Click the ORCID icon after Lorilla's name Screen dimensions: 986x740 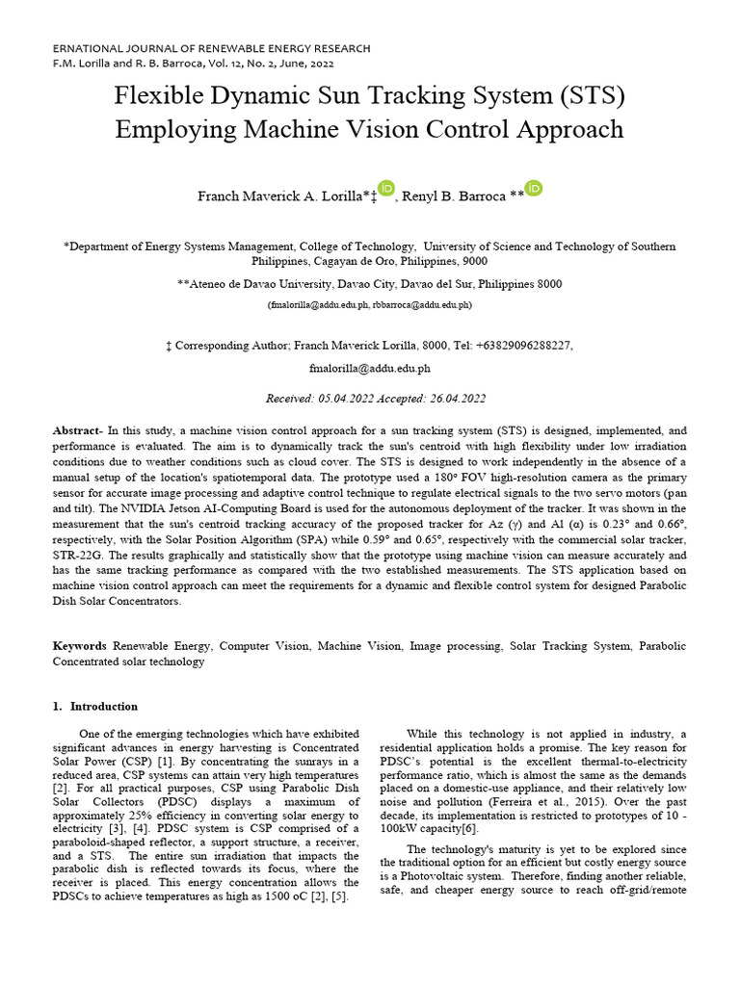386,189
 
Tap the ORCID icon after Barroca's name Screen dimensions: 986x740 534,189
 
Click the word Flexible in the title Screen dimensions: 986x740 157,97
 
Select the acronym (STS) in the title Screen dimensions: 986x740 591,97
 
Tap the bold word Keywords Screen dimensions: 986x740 80,646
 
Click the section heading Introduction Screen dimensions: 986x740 103,707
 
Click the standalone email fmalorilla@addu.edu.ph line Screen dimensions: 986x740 369,368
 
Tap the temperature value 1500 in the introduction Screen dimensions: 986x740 272,897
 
